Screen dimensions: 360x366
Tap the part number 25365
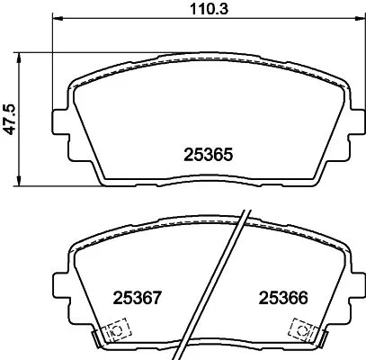(x=209, y=156)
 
